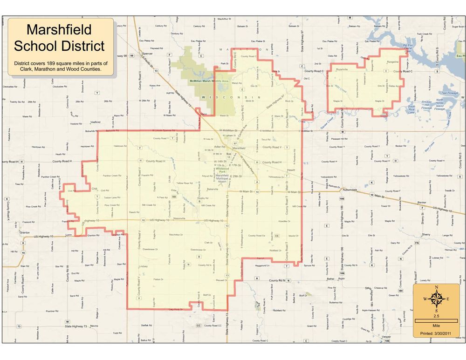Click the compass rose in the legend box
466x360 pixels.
[436, 299]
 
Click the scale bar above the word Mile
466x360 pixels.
[436, 321]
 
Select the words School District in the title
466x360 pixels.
[59, 46]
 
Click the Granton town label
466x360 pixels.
[25, 232]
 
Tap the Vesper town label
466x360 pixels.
[385, 336]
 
